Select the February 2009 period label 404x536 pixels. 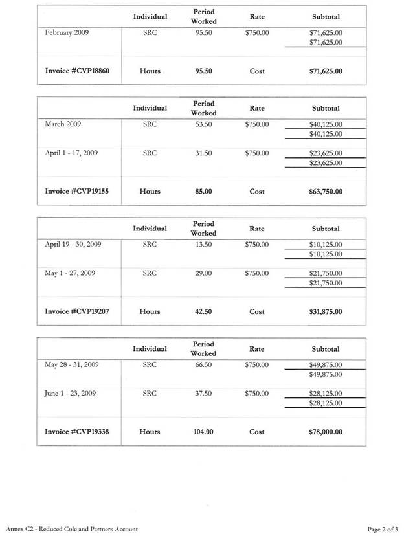pyautogui.click(x=67, y=32)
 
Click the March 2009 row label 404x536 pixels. pyautogui.click(x=63, y=124)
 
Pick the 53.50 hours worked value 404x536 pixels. pyautogui.click(x=204, y=124)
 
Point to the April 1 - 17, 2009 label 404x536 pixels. pyautogui.click(x=71, y=153)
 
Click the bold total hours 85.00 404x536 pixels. pyautogui.click(x=204, y=192)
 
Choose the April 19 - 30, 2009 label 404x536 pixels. pyautogui.click(x=73, y=245)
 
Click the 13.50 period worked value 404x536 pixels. pyautogui.click(x=204, y=245)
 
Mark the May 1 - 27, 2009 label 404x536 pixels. pyautogui.click(x=70, y=273)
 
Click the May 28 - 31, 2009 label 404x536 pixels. pyautogui.click(x=71, y=364)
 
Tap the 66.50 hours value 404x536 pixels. pyautogui.click(x=204, y=364)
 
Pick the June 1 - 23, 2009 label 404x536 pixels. pyautogui.click(x=71, y=393)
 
